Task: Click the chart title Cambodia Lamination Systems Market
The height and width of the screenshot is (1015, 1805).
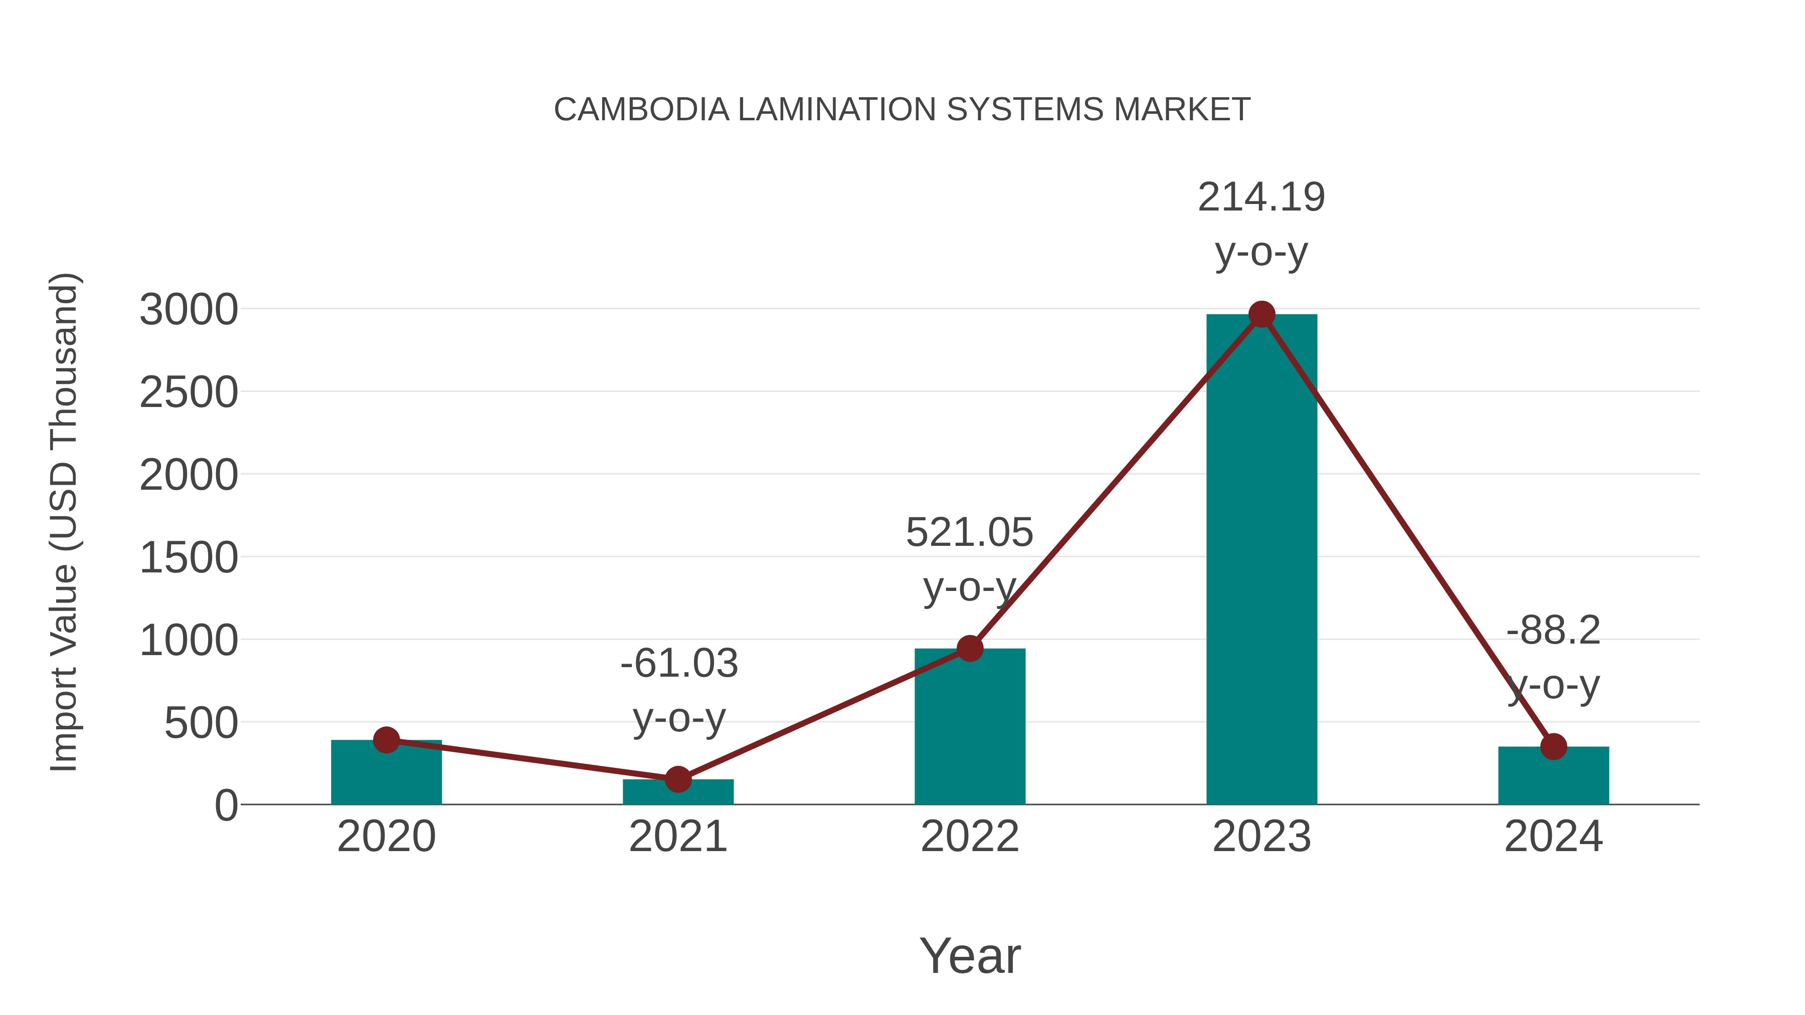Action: pyautogui.click(x=902, y=110)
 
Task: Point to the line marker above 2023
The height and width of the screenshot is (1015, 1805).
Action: pyautogui.click(x=1261, y=314)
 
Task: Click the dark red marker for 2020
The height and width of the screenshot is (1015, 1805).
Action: pyautogui.click(x=386, y=740)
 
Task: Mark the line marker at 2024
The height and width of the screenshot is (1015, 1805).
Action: pyautogui.click(x=1553, y=747)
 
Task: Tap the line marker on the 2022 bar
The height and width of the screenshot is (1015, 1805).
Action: pyautogui.click(x=970, y=649)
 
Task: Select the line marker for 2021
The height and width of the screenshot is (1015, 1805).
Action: pyautogui.click(x=677, y=779)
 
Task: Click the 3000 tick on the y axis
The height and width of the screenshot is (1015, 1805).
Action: pyautogui.click(x=189, y=310)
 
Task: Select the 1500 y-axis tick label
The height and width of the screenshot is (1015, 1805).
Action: pyautogui.click(x=189, y=558)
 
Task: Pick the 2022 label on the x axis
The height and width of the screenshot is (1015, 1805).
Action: pyautogui.click(x=970, y=837)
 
